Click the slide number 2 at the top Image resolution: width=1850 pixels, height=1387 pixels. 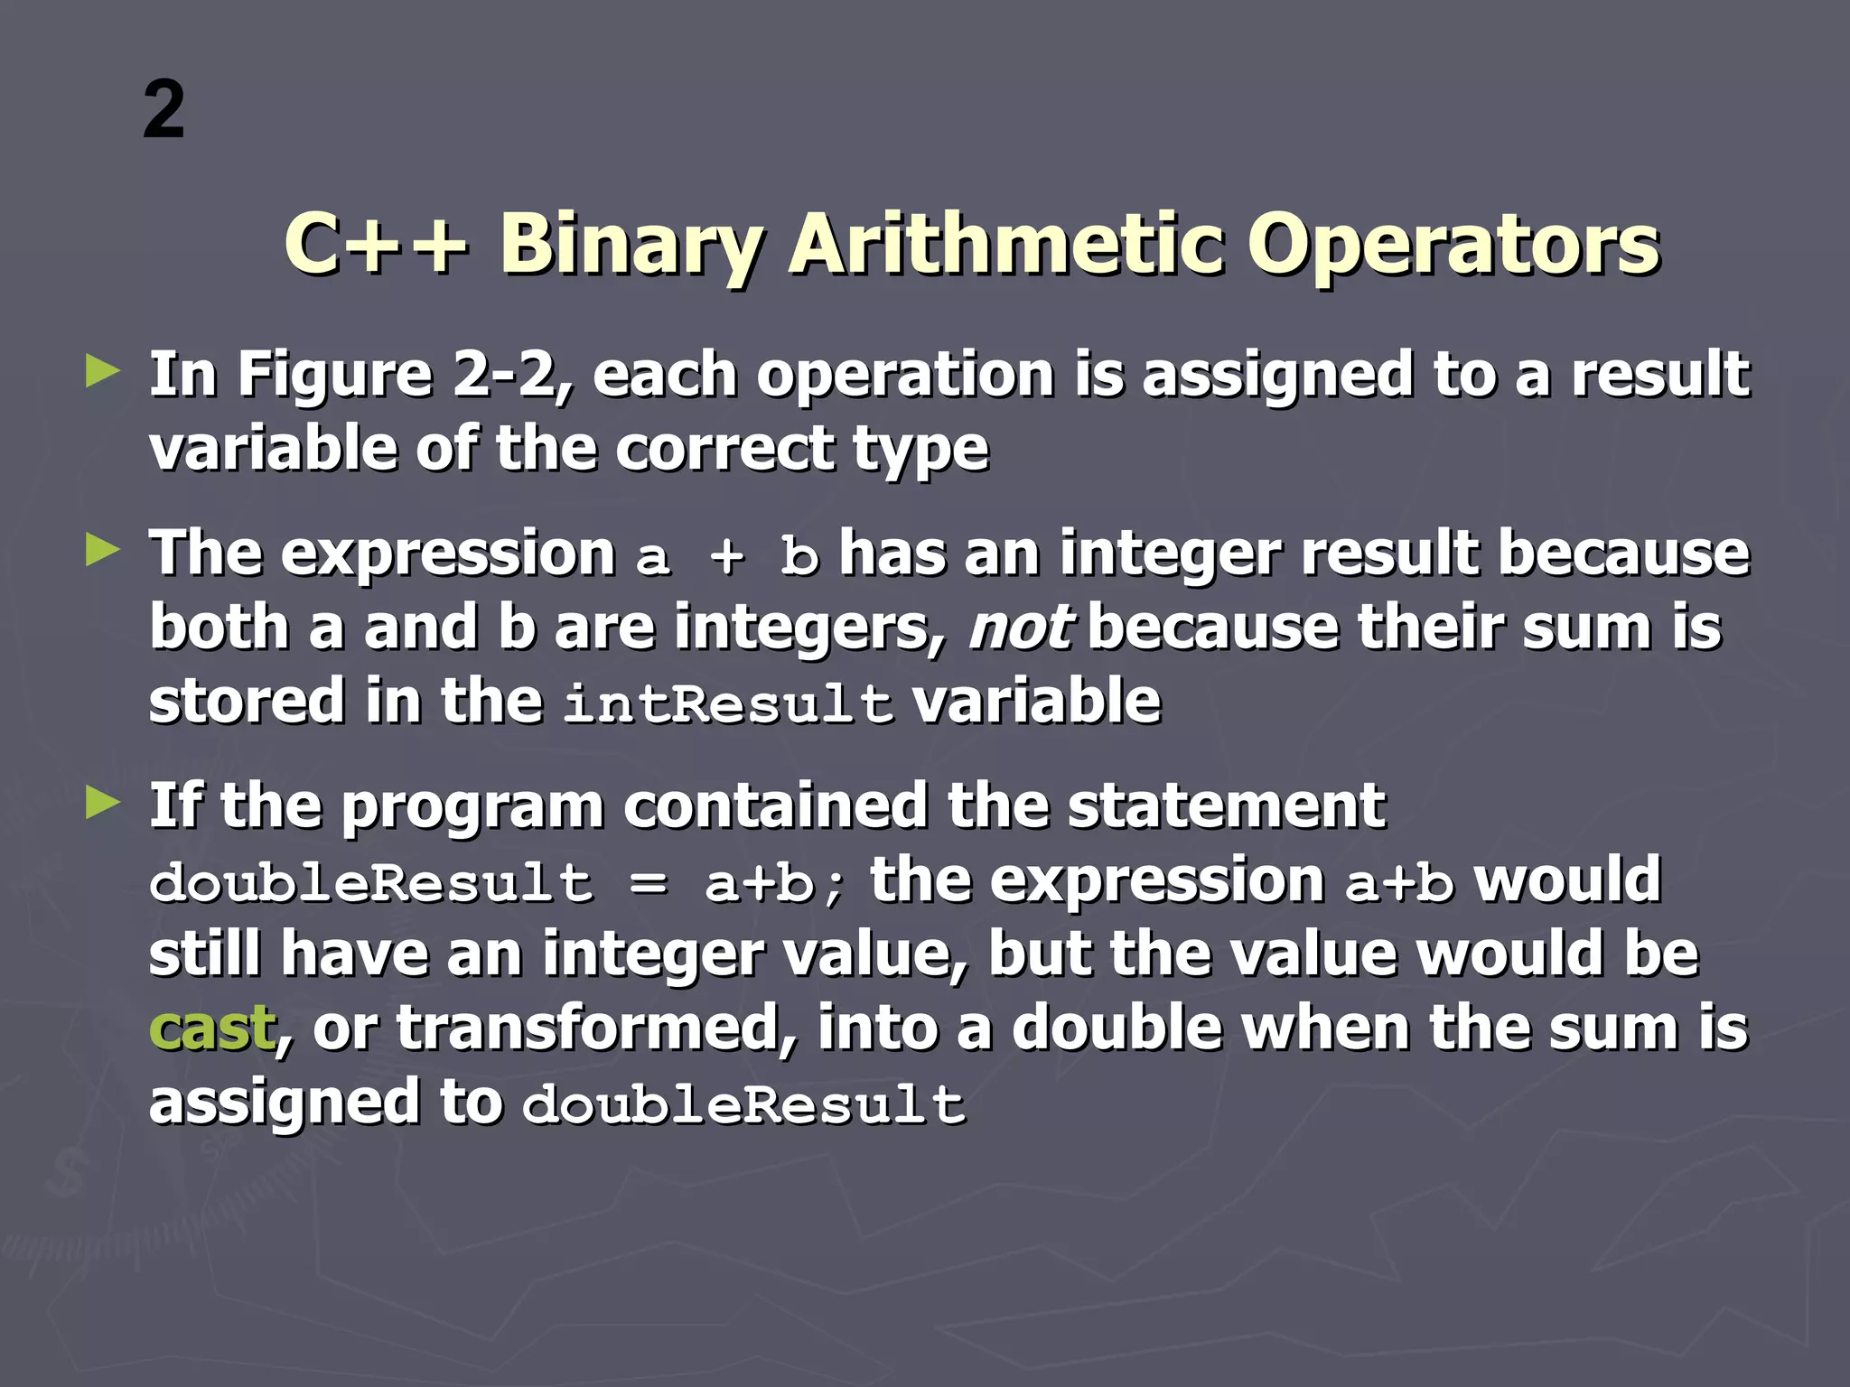point(164,110)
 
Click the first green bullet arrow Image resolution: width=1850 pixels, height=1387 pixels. point(103,371)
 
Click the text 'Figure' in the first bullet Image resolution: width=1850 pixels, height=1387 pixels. point(335,376)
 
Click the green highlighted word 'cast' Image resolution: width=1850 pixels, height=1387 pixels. point(211,1029)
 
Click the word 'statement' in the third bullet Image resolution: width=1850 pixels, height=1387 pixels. point(1227,805)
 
